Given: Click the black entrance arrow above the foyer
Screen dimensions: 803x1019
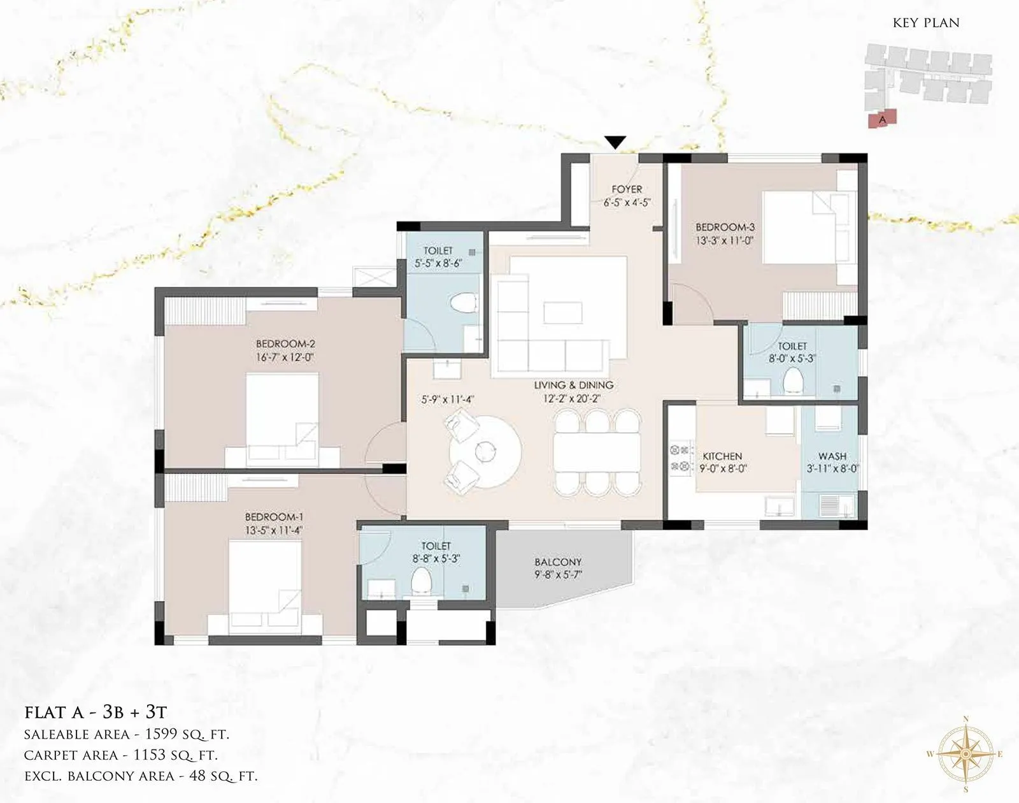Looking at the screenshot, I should [x=615, y=142].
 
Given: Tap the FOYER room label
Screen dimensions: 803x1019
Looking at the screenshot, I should [x=627, y=189].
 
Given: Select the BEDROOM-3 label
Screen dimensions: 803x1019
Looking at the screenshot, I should [x=725, y=227].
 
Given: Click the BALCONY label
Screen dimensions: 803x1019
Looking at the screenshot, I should [x=558, y=562].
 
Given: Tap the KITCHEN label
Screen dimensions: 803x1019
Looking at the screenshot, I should [x=722, y=456].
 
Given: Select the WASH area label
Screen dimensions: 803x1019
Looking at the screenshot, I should [x=832, y=456].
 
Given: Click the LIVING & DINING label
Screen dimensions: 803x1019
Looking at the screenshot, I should [x=574, y=385].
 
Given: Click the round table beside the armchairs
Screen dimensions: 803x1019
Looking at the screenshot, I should [x=485, y=452].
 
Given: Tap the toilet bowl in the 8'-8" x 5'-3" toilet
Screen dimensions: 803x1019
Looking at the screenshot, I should [x=421, y=581].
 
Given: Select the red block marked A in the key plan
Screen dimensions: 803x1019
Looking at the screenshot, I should [x=883, y=119].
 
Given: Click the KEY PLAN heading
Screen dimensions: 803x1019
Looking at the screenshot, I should [x=926, y=23].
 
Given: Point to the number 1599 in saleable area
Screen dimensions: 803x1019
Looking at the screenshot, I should [x=162, y=734].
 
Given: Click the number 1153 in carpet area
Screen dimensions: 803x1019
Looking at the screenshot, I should [x=150, y=755].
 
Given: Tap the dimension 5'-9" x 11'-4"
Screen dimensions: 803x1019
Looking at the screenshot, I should [x=447, y=400].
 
